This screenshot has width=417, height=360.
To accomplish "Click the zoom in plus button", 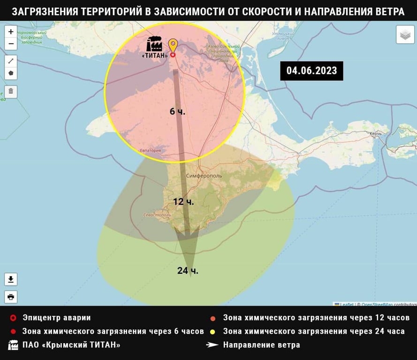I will (x=11, y=32).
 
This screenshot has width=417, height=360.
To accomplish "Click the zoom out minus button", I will (x=11, y=44).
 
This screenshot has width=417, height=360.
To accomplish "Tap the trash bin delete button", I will (x=11, y=91).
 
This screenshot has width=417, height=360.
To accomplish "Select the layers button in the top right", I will (x=405, y=35).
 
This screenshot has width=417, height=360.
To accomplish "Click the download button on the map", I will (x=11, y=280).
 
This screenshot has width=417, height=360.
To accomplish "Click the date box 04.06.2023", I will (x=311, y=71).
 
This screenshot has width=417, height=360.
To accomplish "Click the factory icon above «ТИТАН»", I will (x=154, y=44).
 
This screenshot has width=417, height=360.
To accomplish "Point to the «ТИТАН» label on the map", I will (x=154, y=55).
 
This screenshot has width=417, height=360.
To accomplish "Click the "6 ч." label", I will (x=177, y=112).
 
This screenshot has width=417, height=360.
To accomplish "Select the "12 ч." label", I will (x=183, y=202).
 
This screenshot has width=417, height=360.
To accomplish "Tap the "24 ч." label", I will (x=188, y=270).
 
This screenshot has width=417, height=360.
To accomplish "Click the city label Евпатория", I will (x=150, y=150).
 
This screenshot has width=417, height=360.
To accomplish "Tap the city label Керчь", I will (x=376, y=134).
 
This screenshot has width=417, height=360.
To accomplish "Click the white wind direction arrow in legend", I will (x=212, y=345).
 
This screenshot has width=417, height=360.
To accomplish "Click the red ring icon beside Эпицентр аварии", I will (x=13, y=318).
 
